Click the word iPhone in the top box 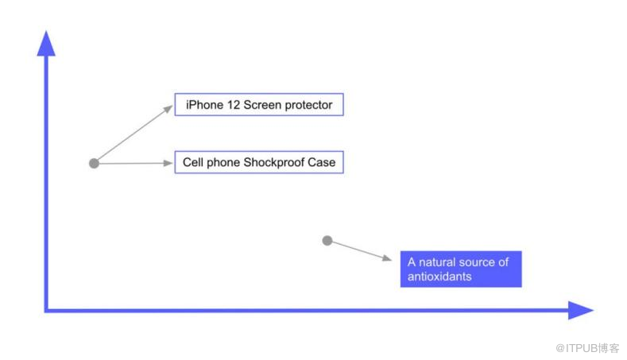pyautogui.click(x=204, y=105)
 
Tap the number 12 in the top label pyautogui.click(x=234, y=105)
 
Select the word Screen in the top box pyautogui.click(x=262, y=105)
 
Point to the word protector pyautogui.click(x=308, y=105)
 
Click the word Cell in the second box pyautogui.click(x=193, y=162)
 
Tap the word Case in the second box pyautogui.click(x=322, y=162)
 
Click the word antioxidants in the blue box pyautogui.click(x=439, y=277)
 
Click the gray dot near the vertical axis pyautogui.click(x=94, y=163)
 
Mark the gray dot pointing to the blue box pyautogui.click(x=327, y=241)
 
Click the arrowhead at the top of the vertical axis pyautogui.click(x=46, y=43)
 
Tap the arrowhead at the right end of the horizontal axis pyautogui.click(x=581, y=310)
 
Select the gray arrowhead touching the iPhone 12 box pyautogui.click(x=168, y=109)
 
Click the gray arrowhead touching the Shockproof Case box pyautogui.click(x=168, y=163)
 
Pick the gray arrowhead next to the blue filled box pyautogui.click(x=387, y=258)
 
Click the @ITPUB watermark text pyautogui.click(x=587, y=348)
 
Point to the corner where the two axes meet pyautogui.click(x=46, y=310)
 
